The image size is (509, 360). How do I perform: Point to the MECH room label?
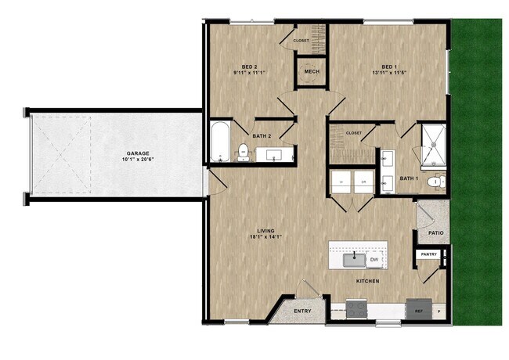pos(312,73)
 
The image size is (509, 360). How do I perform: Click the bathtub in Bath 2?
pos(219,142)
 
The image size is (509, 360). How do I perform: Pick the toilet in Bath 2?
pos(244,150)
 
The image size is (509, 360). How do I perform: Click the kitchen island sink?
pos(355,256)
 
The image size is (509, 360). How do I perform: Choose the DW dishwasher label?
pos(374,259)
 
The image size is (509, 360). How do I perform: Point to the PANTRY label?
pos(428,254)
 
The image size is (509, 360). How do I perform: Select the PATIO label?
pos(437,233)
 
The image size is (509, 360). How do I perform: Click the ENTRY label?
pos(302,311)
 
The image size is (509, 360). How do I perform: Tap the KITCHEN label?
pos(367,281)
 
